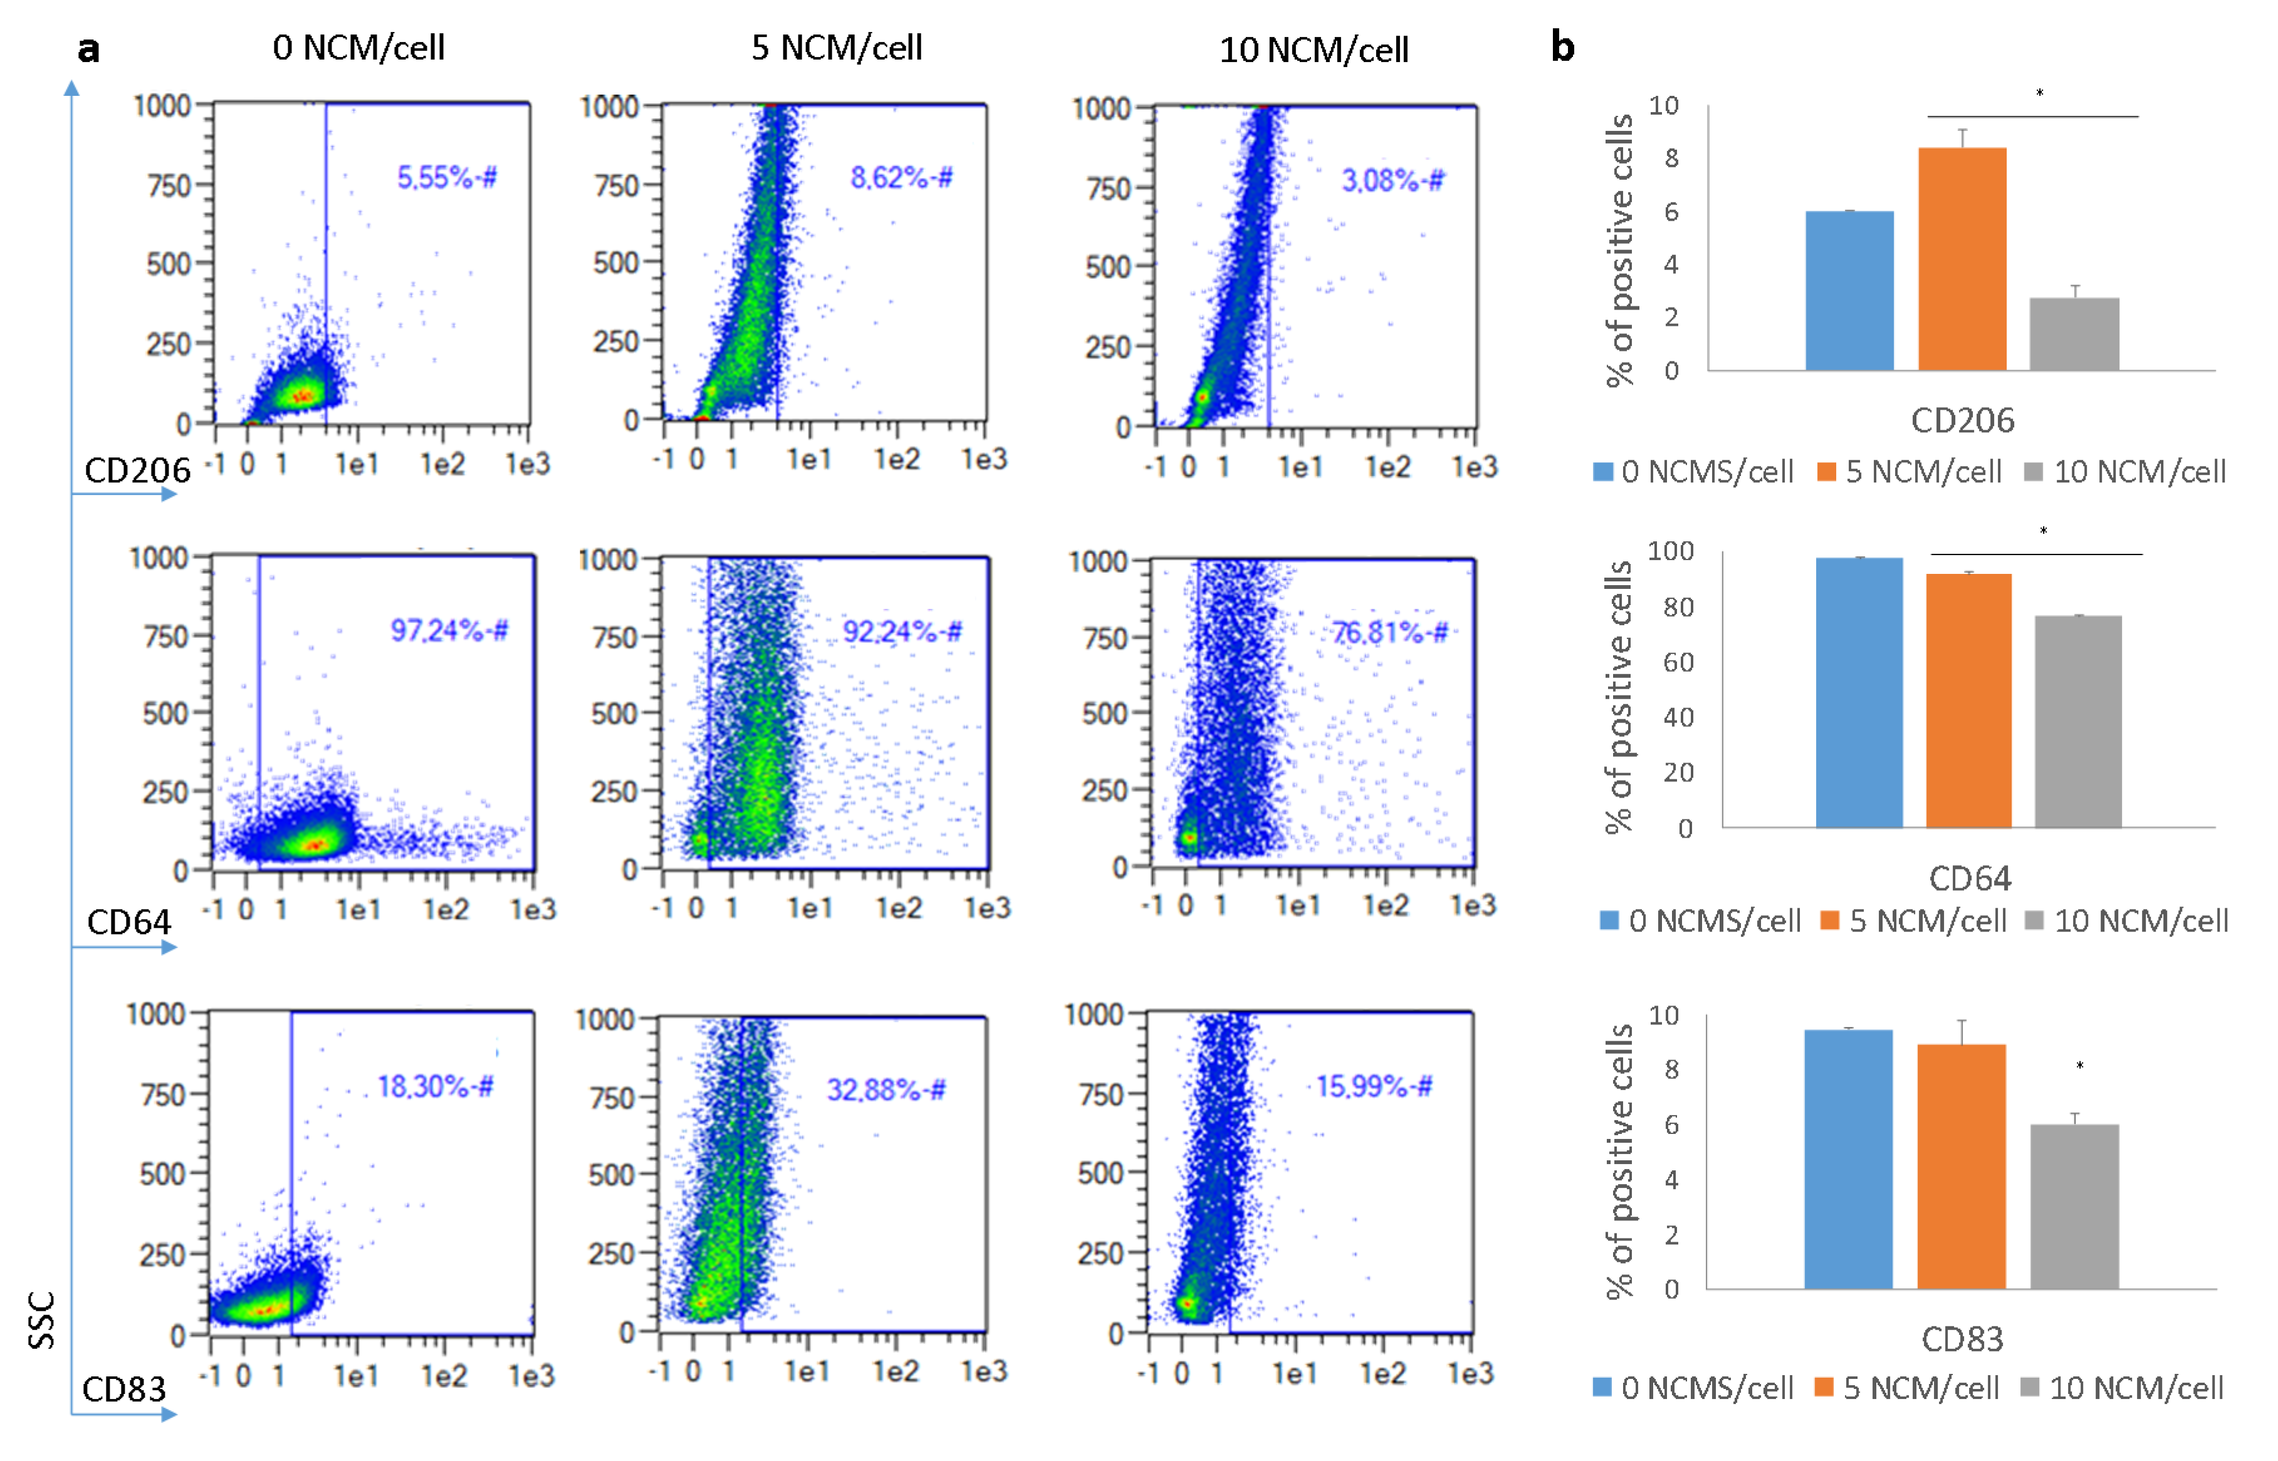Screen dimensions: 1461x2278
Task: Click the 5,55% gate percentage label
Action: [446, 177]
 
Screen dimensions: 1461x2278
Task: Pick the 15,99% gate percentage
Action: [1374, 1086]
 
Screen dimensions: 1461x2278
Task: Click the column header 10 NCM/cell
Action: [1313, 50]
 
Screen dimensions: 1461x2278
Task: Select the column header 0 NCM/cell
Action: [358, 48]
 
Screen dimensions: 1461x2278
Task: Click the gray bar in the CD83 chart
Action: [2074, 1206]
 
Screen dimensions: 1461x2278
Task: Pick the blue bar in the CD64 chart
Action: [1859, 692]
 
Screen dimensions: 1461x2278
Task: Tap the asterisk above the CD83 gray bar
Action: [2079, 1066]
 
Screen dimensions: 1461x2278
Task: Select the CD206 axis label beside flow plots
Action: [138, 471]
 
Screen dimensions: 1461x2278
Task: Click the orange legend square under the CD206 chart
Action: [1826, 472]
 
